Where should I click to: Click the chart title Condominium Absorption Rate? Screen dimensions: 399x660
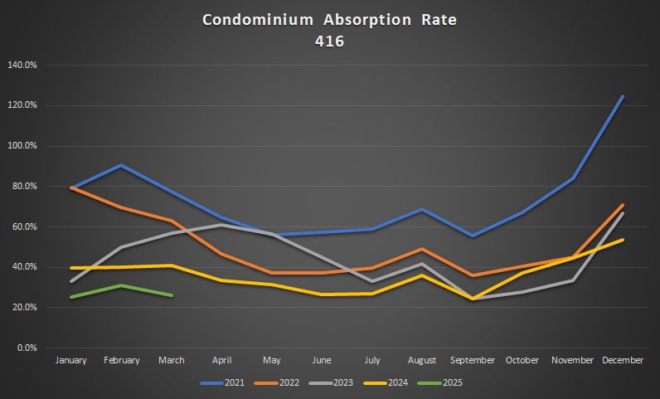coord(329,18)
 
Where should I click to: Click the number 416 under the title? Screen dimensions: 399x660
coord(329,39)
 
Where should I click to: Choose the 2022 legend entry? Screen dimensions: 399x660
coord(284,382)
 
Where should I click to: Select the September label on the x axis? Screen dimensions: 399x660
coord(472,361)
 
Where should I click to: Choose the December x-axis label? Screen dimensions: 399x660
coord(623,361)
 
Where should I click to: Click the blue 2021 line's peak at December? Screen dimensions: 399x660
coord(623,97)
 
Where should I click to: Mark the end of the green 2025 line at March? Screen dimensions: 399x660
coord(171,295)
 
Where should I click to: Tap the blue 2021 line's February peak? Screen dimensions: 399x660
coord(121,165)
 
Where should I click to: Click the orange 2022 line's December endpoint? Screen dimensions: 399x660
coord(623,205)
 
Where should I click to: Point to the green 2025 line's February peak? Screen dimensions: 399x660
coord(121,285)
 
